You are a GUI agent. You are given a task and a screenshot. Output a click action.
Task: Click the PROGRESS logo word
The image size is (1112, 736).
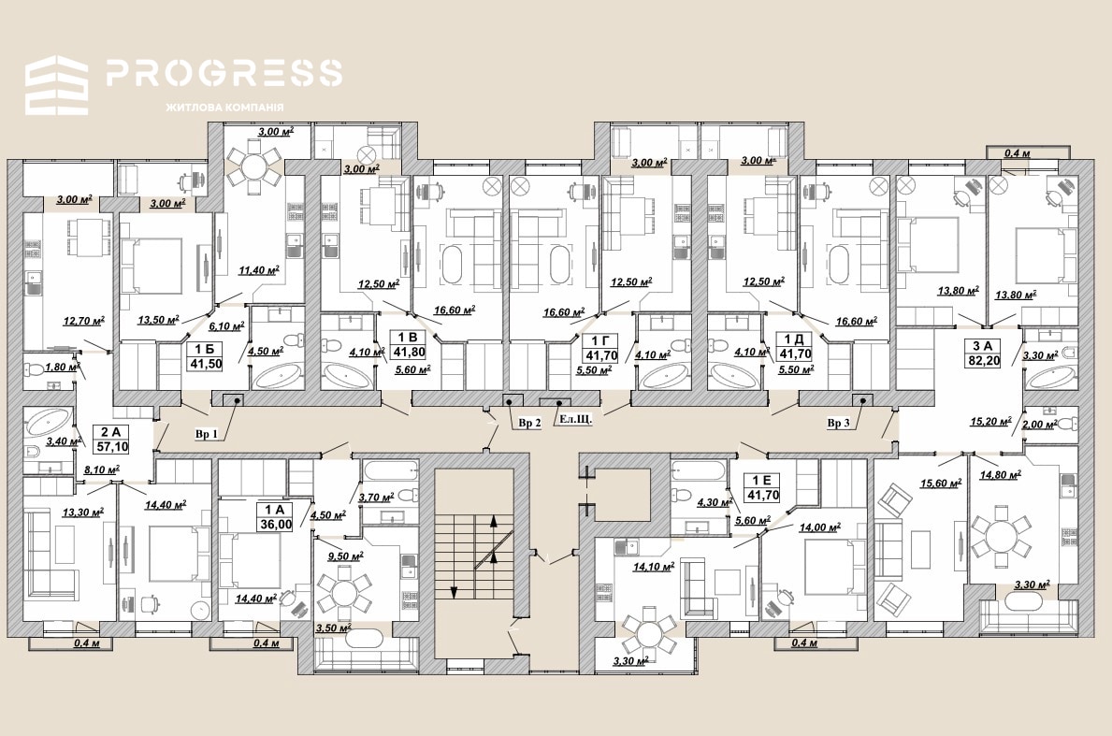pos(224,72)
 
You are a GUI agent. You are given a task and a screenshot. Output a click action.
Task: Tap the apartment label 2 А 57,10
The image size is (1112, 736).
pos(111,439)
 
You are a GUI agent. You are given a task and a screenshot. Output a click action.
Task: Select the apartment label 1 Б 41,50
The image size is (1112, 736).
pos(205,356)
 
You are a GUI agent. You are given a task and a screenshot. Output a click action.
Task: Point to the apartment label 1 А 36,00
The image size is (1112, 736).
pos(276,517)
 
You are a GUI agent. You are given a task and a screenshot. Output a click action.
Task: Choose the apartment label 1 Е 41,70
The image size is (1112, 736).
pos(762,488)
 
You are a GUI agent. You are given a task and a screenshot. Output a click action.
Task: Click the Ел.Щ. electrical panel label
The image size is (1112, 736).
pos(576,419)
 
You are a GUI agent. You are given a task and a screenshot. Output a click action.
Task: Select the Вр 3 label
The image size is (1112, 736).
pos(838,423)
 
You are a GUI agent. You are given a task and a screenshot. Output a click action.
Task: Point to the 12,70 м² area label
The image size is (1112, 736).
pos(83,321)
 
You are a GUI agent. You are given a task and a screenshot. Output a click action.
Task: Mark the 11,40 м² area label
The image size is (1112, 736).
pos(258,269)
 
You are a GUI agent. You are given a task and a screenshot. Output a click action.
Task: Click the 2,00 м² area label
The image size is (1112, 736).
pos(1040,424)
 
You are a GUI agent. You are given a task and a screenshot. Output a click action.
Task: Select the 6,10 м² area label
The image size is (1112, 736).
pos(226,325)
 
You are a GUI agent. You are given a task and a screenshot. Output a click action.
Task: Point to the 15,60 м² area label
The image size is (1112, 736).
pos(940,483)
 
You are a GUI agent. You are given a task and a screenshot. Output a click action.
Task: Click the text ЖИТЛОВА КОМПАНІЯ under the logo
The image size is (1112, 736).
pos(224,107)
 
